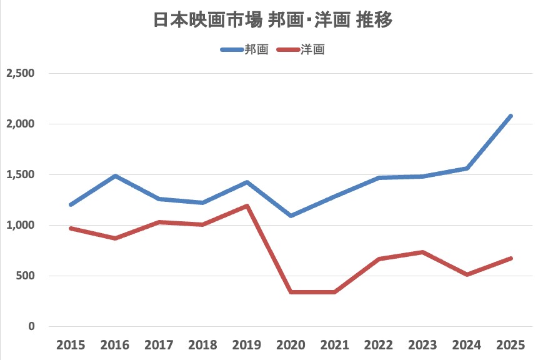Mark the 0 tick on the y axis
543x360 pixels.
(31, 326)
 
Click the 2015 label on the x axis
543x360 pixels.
(71, 344)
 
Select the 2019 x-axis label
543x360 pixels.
(247, 344)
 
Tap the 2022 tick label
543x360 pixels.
(379, 344)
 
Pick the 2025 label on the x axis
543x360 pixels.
(511, 344)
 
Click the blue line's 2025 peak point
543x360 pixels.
(511, 116)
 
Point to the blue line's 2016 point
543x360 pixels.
(115, 176)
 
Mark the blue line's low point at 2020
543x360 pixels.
(291, 216)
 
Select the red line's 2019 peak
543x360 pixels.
(247, 206)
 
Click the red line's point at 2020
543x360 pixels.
(291, 292)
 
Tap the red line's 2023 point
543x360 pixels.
(423, 252)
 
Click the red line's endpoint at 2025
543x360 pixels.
(511, 258)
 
